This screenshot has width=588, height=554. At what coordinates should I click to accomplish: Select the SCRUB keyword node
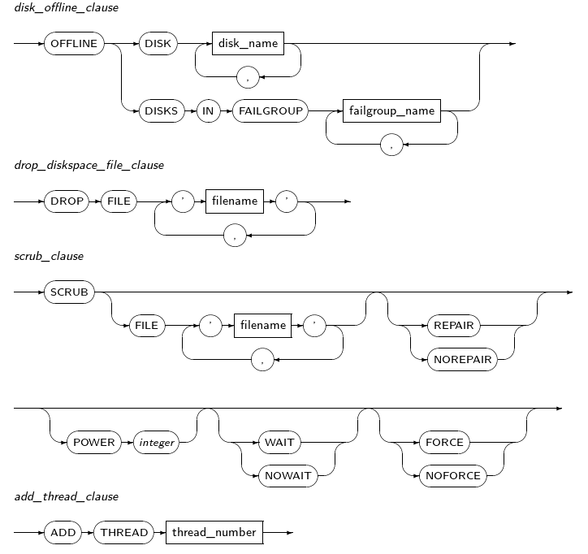coord(69,292)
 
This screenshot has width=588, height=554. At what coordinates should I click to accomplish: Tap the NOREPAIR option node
coord(460,358)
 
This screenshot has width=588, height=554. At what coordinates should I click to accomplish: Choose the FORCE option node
coord(444,443)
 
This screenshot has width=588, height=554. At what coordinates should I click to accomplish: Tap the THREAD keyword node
coord(124,533)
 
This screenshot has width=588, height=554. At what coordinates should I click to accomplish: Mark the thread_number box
coord(214,533)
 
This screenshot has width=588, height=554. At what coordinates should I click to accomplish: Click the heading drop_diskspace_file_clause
coord(89,165)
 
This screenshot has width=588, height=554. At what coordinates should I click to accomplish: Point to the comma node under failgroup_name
coord(392,144)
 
